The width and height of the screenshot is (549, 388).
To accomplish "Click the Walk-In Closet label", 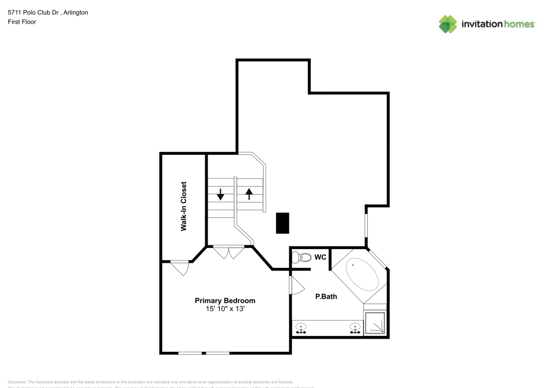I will (184, 206).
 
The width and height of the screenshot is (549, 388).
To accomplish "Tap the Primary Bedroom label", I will (225, 301).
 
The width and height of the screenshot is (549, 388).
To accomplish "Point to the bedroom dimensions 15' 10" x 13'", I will (225, 310).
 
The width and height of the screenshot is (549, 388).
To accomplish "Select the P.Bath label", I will (326, 297).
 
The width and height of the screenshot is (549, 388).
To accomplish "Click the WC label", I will (320, 257).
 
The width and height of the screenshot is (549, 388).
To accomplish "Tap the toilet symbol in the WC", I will (300, 257).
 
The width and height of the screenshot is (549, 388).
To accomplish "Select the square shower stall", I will (376, 323).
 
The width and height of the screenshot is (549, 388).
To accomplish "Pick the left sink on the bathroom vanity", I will (301, 329).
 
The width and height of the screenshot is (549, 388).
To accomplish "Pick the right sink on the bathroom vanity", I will (355, 329).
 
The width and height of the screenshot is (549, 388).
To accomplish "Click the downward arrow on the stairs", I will (221, 194).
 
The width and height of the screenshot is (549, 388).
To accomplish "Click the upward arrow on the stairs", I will (249, 194).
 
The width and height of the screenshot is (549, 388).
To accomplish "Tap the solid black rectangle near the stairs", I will (282, 223).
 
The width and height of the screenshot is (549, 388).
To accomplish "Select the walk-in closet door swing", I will (180, 268).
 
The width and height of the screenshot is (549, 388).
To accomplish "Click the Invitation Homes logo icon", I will (448, 24).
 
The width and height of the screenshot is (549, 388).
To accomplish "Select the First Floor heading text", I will (22, 22).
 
